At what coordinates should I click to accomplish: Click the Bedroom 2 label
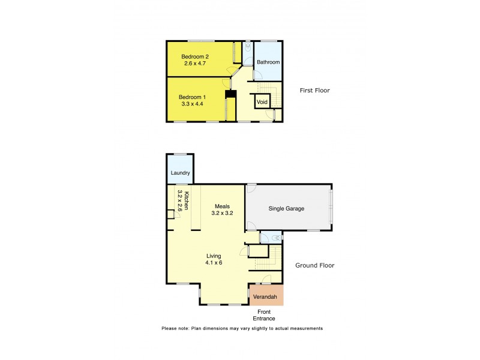pos(194,56)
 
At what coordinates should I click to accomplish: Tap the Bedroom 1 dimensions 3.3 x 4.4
pos(193,104)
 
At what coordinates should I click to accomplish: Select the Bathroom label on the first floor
pos(268,62)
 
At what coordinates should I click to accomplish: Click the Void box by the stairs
pos(262,102)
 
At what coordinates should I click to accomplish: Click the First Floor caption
pos(314,91)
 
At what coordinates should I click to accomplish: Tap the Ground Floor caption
pos(314,265)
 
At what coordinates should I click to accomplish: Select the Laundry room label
pos(180,173)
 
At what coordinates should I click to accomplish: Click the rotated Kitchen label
pos(187,200)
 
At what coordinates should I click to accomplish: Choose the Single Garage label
pos(287,209)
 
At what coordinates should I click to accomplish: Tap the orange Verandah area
pos(265,296)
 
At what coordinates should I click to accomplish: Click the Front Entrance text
pos(265,315)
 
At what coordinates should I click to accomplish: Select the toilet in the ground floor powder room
pos(276,238)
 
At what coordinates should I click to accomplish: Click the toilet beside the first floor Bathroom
pos(248,46)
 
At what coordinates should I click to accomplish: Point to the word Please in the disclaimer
pos(170,329)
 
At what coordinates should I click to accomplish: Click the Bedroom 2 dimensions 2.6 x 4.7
pos(195,63)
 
